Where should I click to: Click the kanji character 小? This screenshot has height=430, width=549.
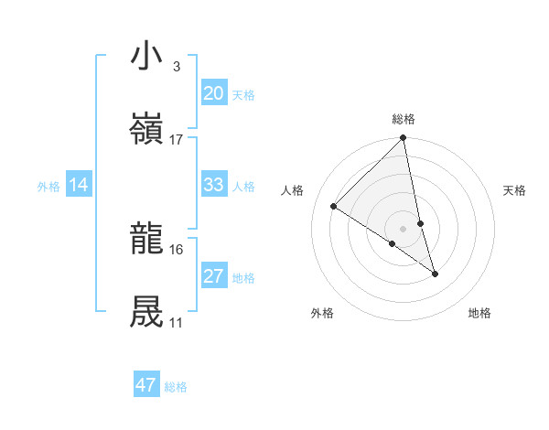pos(147,57)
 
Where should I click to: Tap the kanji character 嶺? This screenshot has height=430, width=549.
pos(147,128)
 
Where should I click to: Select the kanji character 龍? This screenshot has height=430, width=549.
pos(147,240)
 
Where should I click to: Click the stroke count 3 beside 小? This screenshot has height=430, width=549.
pos(176,67)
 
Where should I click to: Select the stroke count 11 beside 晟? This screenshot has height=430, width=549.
pos(176,323)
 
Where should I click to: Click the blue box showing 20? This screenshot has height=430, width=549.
pos(213,93)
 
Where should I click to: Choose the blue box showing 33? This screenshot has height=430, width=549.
pos(213,185)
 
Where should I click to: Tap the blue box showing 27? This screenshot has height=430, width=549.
pos(213,276)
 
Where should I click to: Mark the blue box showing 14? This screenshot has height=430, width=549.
pos(79,186)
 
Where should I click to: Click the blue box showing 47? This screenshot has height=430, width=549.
pos(146,385)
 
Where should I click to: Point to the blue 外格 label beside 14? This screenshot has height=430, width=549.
pos(48,187)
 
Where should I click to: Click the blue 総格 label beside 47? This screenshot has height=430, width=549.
pos(176,387)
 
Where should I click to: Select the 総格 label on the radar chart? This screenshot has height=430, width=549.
pos(404,119)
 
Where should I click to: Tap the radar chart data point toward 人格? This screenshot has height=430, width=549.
pos(334,207)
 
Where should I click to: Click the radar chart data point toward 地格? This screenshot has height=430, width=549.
pos(435,274)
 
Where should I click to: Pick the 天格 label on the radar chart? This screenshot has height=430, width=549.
pos(514,190)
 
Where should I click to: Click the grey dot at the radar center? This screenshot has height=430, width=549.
pos(403,228)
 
